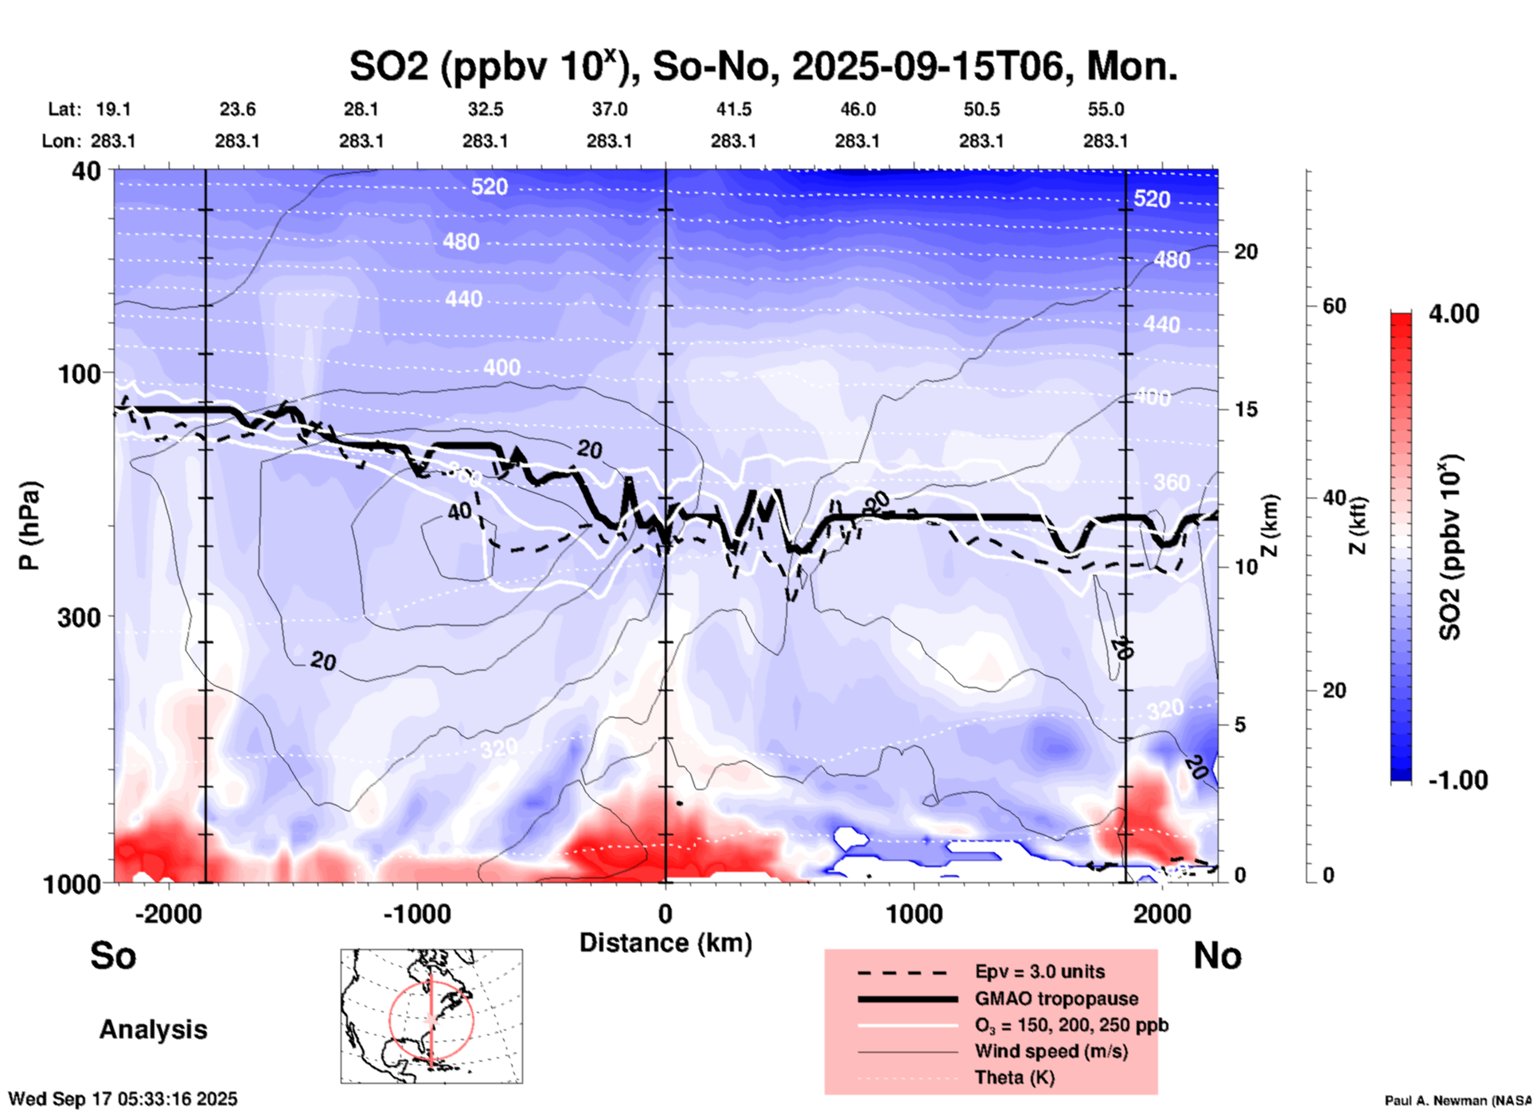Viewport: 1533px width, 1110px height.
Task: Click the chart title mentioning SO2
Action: [763, 66]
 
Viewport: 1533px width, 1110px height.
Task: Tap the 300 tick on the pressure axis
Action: [80, 616]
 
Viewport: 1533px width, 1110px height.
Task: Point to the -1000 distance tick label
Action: [416, 913]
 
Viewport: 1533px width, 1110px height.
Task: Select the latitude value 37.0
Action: [609, 109]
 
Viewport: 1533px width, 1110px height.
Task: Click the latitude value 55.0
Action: [1105, 109]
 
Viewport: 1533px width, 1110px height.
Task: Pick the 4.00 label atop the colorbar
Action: [1453, 313]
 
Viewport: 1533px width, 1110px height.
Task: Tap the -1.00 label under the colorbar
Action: [1457, 780]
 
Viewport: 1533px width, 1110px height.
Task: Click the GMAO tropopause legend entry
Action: [1056, 999]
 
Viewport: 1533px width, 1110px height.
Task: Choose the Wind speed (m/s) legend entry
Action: [1051, 1051]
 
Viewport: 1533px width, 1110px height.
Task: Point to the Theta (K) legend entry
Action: [1014, 1077]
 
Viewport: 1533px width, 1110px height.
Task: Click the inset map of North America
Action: [431, 1015]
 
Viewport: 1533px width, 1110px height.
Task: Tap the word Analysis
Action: [153, 1030]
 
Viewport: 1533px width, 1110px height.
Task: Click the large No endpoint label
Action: [1217, 956]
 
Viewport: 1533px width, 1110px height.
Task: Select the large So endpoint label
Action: [113, 956]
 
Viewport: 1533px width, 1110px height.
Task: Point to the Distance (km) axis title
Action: [665, 943]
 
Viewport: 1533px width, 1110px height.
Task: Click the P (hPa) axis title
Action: [29, 526]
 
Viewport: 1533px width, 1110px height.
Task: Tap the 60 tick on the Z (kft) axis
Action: [1334, 306]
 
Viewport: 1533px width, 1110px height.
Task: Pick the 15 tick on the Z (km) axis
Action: [1246, 409]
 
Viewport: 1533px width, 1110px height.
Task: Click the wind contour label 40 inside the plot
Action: [459, 511]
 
